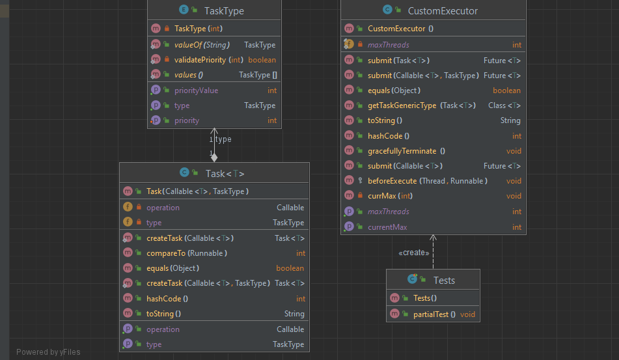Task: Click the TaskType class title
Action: [225, 10]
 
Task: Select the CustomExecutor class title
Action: [442, 10]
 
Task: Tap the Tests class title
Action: [443, 280]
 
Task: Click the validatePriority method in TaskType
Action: [209, 60]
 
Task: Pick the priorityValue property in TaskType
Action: [196, 90]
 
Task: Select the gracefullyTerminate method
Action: [402, 151]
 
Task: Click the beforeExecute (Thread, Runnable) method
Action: [427, 181]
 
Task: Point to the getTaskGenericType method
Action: [402, 105]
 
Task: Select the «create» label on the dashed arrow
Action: [414, 253]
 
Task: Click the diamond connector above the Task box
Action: [214, 157]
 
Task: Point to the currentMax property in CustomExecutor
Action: [387, 227]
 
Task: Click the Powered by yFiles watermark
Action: [48, 352]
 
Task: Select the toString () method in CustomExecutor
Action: [385, 120]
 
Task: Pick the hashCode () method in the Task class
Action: [167, 299]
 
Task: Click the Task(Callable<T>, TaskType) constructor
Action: [197, 191]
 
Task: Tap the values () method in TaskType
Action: [189, 75]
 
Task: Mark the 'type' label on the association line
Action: [223, 139]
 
